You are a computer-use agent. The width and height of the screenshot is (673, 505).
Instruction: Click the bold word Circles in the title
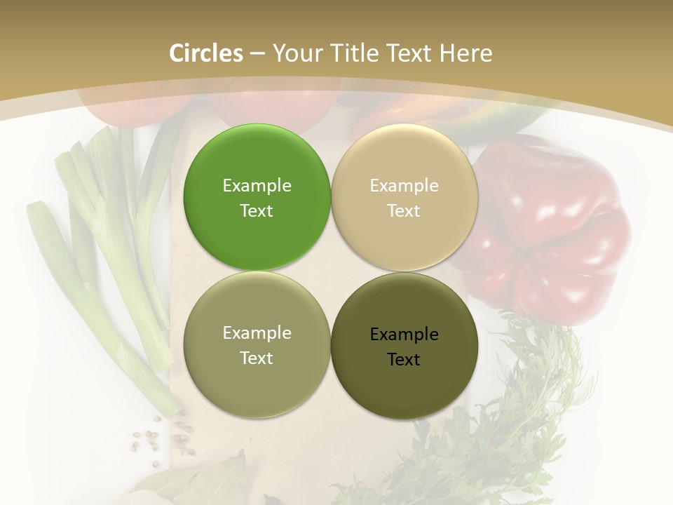coord(206,53)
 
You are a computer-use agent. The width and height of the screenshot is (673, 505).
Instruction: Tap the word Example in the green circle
coord(257,186)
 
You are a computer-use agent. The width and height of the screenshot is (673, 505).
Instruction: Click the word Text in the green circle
coord(257,211)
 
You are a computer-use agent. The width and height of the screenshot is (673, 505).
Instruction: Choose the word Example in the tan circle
coord(404,186)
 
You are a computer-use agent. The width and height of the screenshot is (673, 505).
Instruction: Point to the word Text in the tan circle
coord(404,211)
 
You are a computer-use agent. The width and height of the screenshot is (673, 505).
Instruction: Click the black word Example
coord(404,335)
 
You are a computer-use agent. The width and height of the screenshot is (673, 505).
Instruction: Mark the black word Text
coord(404,360)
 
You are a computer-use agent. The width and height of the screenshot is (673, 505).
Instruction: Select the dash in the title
coord(257,53)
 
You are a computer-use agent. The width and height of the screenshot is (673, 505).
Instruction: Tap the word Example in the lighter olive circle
coord(257,333)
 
